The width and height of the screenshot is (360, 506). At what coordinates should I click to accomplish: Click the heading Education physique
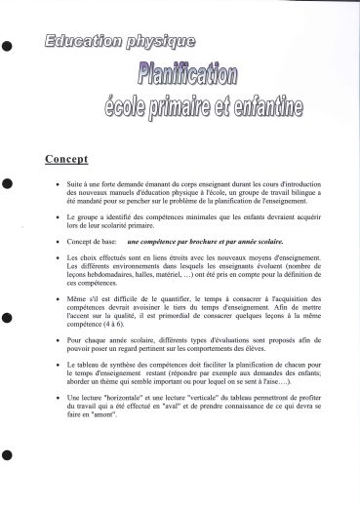pos(119,42)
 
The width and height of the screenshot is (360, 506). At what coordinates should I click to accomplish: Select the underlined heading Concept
pos(94,159)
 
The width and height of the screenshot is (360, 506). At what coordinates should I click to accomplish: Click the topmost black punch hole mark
pos(8,44)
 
